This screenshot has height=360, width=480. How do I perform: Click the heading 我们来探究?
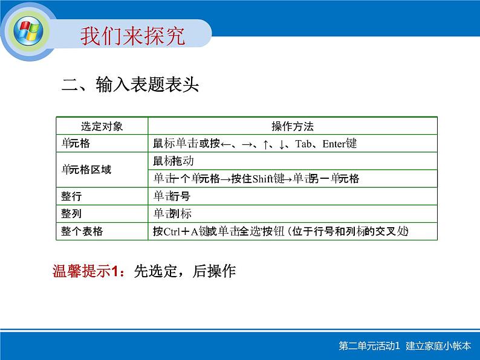(133, 35)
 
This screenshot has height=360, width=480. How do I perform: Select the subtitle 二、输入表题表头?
(131, 85)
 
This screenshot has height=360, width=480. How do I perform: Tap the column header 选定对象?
(102, 126)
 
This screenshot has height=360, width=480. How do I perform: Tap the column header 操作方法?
(293, 126)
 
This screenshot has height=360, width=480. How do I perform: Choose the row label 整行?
(71, 196)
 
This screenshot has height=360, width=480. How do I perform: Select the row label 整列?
(71, 214)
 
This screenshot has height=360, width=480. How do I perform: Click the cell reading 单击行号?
(172, 196)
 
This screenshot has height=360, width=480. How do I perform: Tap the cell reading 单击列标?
(172, 214)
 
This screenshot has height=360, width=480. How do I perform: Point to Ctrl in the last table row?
(173, 231)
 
